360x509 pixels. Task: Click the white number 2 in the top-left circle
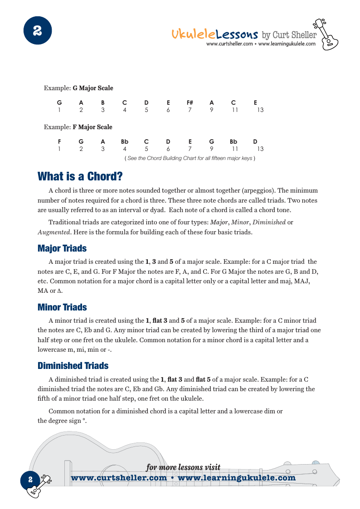point(38,31)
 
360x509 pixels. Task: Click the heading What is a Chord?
point(80,176)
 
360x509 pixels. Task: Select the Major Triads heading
point(62,248)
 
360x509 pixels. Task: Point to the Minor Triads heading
point(62,307)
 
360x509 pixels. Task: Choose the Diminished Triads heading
point(73,366)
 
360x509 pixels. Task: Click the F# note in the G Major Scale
point(190,102)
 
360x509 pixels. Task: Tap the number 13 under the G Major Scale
point(260,110)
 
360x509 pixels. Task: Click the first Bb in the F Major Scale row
point(125,141)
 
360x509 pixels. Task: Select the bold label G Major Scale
point(93,88)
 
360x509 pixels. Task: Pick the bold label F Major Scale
point(92,127)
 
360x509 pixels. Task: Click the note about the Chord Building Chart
point(190,158)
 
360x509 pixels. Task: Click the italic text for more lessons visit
point(183,467)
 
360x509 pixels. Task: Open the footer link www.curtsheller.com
point(119,478)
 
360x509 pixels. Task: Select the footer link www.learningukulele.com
point(237,478)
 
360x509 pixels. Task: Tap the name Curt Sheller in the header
point(295,35)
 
